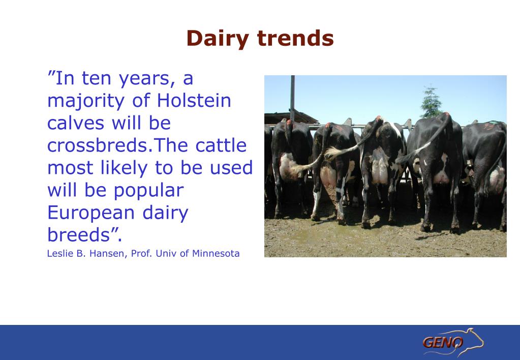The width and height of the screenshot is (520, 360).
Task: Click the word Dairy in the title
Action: pos(217,39)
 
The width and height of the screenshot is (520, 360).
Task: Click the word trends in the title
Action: pos(295,38)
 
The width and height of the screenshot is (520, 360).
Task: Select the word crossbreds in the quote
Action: pos(97,145)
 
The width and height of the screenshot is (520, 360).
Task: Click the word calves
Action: pos(76,123)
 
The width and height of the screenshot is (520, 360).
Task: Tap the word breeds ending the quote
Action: pos(79,234)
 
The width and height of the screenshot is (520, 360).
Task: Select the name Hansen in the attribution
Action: pos(106,254)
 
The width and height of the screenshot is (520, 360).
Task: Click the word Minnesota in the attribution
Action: pos(216,254)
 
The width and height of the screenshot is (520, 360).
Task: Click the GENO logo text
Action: pos(443,342)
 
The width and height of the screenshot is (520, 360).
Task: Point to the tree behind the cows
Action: pos(431,102)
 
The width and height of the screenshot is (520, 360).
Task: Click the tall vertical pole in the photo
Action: pos(292,98)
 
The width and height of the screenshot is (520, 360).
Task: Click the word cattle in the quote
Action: pos(221,145)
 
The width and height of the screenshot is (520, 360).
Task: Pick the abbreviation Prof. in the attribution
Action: pos(142,254)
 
